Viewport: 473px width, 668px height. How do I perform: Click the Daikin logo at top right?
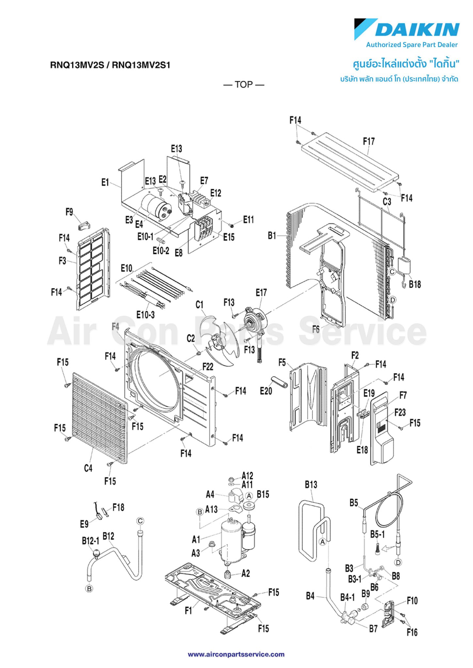(407, 30)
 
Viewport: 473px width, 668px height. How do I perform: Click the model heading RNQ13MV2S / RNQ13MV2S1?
(110, 65)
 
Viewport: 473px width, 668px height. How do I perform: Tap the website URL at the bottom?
(236, 654)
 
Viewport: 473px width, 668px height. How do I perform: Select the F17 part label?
(369, 142)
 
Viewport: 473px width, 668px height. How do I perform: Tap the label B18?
(415, 284)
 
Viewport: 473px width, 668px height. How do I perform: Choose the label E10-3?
(145, 315)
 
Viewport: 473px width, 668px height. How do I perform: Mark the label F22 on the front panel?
(208, 367)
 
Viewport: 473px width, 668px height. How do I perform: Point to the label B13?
(311, 485)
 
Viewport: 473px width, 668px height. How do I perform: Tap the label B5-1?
(377, 534)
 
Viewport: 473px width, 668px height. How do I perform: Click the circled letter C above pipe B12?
(140, 521)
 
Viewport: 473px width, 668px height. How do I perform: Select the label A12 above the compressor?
(247, 476)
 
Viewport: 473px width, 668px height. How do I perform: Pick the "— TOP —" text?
(244, 85)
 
